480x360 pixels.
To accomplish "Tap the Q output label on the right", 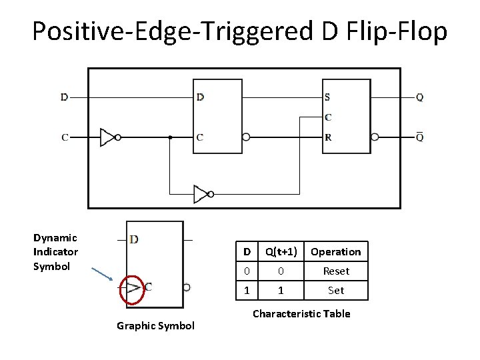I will (419, 97).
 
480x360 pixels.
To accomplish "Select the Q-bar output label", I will (419, 137).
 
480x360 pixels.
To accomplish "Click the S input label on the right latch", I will (327, 97).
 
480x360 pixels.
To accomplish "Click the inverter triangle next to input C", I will (107, 137).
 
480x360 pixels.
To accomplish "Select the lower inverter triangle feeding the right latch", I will (200, 194).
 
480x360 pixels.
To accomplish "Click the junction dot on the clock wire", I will (171, 137).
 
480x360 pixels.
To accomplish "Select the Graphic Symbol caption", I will (155, 325).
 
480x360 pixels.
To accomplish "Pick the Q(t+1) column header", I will (281, 251).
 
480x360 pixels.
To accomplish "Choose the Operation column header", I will (336, 251).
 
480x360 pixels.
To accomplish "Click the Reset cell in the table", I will (336, 271).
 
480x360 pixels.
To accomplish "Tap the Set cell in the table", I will (336, 291).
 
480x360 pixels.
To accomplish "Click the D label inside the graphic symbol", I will (134, 239).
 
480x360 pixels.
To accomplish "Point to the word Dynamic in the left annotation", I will (55, 238).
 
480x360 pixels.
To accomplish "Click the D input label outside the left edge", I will (64, 97).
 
